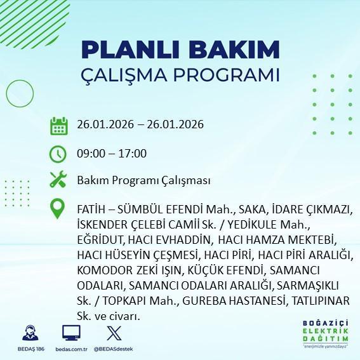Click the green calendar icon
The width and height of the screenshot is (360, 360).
click(59, 125)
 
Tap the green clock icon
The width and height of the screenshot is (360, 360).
click(59, 154)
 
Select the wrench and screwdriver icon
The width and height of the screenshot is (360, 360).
click(59, 180)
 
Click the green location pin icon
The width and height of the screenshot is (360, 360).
click(59, 209)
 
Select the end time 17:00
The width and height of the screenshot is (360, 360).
click(133, 153)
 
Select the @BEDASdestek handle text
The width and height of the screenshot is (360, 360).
click(113, 350)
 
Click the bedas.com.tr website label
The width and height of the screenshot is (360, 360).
click(70, 350)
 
